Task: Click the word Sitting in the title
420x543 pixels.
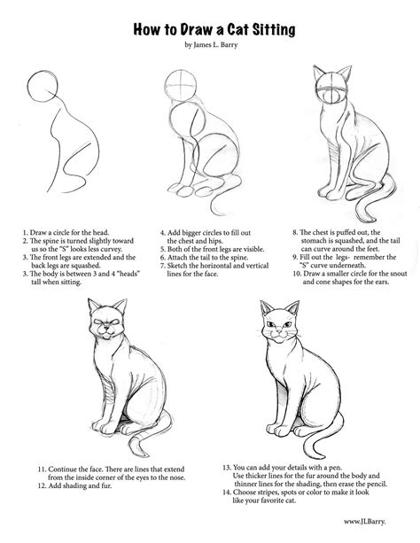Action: [x=274, y=30]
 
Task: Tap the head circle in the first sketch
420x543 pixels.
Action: [x=43, y=86]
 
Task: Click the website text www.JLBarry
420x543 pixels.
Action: [x=364, y=522]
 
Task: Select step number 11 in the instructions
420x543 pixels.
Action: [x=42, y=469]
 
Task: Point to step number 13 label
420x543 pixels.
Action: [x=227, y=468]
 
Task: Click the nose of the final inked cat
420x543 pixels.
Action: [x=279, y=331]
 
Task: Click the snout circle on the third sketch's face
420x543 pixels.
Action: [x=333, y=97]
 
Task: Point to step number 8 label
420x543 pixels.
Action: [x=295, y=232]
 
